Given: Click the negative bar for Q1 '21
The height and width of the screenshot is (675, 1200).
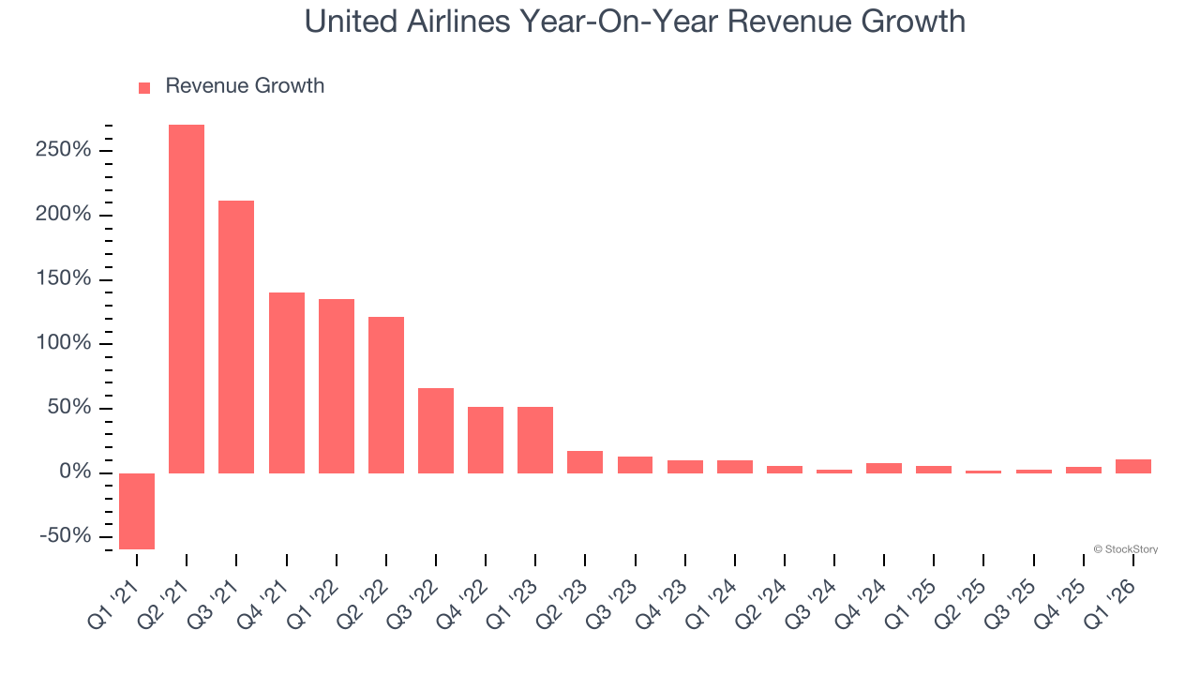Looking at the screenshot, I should (x=137, y=511).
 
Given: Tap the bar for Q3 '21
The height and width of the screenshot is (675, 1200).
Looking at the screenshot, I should (x=236, y=337).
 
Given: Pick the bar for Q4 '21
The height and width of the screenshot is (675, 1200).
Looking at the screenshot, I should (x=287, y=382).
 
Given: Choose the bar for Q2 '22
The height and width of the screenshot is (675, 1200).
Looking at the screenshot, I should (x=386, y=395).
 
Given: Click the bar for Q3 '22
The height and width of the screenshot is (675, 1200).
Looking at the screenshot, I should (x=436, y=430).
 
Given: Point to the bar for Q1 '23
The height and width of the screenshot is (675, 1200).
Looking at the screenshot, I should (x=535, y=440).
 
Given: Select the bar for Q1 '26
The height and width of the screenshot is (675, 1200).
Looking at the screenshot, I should (x=1133, y=466).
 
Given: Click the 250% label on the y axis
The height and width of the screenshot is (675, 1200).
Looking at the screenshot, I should (x=65, y=151).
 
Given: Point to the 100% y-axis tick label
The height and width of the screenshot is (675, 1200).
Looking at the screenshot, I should (x=65, y=343).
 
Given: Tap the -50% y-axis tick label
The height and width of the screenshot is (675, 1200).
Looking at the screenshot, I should (x=65, y=536).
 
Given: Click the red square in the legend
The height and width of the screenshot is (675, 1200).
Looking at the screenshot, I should (x=144, y=88).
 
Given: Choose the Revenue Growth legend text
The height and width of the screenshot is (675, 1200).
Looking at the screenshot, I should (x=245, y=86).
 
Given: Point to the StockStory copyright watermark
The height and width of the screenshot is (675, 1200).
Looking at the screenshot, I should (x=1125, y=549).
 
